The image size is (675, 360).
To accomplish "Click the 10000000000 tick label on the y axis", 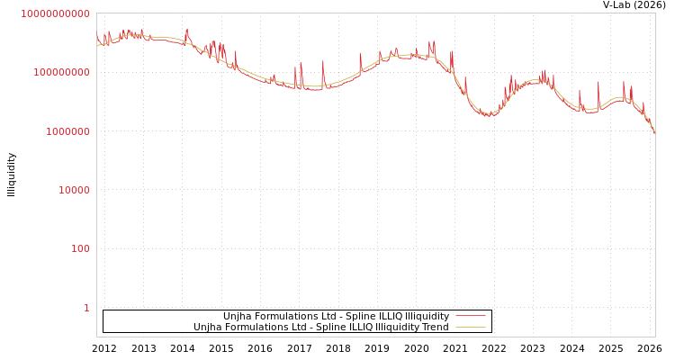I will click(x=55, y=13).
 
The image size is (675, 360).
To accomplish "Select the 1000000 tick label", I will click(x=64, y=131).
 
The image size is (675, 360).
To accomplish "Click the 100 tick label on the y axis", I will click(x=80, y=248).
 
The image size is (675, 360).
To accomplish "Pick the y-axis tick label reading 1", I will click(x=86, y=308).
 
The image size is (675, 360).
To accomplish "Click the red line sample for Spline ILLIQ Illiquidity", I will click(x=471, y=316).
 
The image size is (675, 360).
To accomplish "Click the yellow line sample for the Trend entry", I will click(x=471, y=327).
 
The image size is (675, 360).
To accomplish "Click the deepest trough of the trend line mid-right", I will click(x=488, y=113).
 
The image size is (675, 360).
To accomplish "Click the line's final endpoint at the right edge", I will click(x=655, y=134).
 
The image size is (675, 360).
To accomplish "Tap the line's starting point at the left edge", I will click(x=97, y=42).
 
